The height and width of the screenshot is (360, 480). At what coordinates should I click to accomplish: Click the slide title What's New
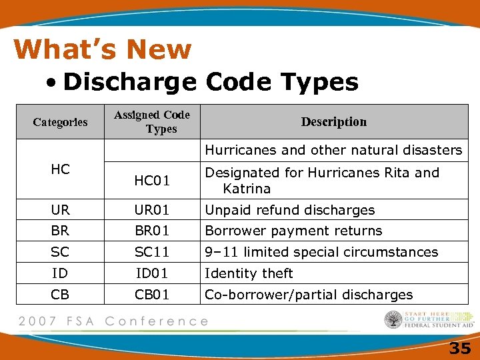(x=102, y=49)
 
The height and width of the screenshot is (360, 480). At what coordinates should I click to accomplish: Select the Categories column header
(x=60, y=122)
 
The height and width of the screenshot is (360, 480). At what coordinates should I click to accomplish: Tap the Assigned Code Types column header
(x=152, y=122)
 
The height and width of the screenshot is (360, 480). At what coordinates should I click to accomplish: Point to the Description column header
(x=333, y=122)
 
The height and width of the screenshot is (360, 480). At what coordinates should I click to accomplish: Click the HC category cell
(x=60, y=169)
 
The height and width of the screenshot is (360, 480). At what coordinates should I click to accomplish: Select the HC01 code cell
(x=152, y=181)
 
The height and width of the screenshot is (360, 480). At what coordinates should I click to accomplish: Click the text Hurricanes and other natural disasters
(x=333, y=150)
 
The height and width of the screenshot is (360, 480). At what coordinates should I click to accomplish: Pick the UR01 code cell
(x=152, y=210)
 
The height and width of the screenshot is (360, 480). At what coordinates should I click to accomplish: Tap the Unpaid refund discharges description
(x=289, y=210)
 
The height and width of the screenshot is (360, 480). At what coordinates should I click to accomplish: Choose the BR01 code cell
(x=152, y=231)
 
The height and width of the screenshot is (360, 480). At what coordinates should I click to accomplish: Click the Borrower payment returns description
(x=293, y=231)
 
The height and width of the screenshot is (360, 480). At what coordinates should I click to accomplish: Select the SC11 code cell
(x=152, y=253)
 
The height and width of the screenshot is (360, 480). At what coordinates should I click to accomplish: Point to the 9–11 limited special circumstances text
(x=321, y=253)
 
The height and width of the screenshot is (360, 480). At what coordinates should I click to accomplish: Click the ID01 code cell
(x=152, y=274)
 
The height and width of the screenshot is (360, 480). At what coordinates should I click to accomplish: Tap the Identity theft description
(x=249, y=274)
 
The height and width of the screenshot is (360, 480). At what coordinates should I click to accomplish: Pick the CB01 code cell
(x=152, y=295)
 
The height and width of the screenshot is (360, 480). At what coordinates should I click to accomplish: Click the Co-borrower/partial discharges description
(x=309, y=295)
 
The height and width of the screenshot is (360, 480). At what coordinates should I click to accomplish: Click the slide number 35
(x=460, y=348)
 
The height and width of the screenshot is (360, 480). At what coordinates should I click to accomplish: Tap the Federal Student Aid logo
(x=429, y=320)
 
